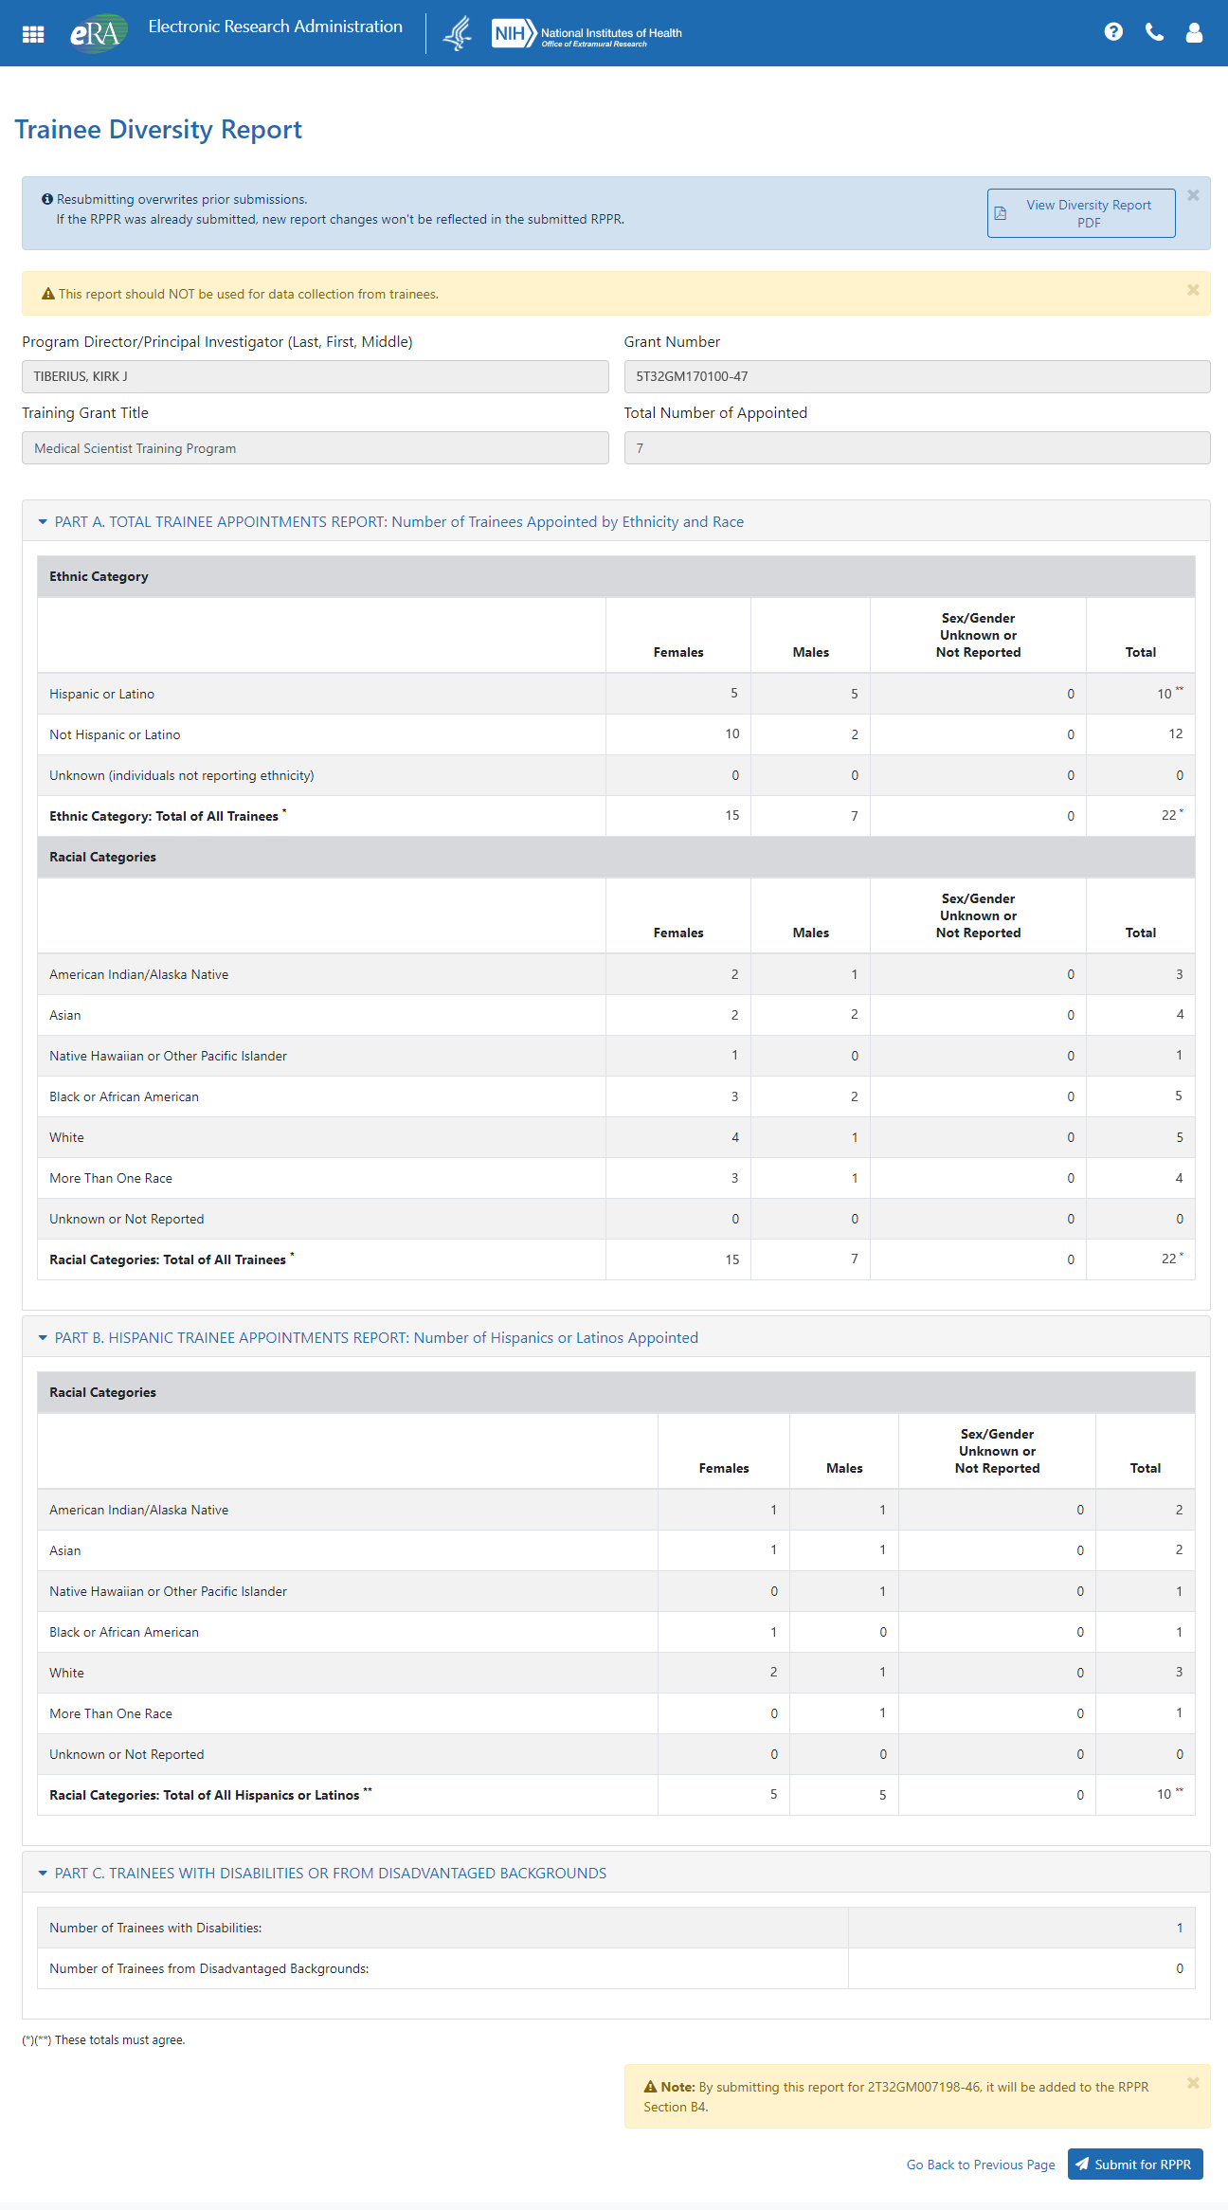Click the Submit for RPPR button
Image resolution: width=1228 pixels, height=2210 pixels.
click(x=1135, y=2165)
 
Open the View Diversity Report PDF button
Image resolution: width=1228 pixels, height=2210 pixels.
click(x=1080, y=213)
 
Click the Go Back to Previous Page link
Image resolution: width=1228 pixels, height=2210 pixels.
click(x=980, y=2165)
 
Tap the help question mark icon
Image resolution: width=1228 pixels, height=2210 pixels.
click(x=1113, y=32)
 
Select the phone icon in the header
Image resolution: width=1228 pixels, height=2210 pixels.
click(x=1154, y=32)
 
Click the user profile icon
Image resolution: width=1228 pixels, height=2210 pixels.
click(x=1194, y=32)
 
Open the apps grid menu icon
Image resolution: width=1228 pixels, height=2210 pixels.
click(x=33, y=34)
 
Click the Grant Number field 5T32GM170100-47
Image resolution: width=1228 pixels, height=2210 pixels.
click(x=916, y=376)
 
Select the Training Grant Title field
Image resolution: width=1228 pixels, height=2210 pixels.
click(x=315, y=448)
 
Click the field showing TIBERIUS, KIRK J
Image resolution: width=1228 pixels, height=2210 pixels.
click(x=315, y=376)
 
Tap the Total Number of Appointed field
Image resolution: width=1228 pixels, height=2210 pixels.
click(x=916, y=448)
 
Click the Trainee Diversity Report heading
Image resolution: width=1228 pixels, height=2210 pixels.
click(x=158, y=130)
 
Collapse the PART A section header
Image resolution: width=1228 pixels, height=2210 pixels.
click(x=398, y=522)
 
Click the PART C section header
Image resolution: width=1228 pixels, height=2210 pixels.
click(x=330, y=1874)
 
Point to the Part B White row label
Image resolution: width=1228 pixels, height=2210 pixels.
click(x=66, y=1673)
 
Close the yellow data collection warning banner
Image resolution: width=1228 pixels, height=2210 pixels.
click(x=1193, y=290)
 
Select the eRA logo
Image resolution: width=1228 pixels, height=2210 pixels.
click(x=98, y=33)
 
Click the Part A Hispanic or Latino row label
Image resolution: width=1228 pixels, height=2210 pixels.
click(x=101, y=694)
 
